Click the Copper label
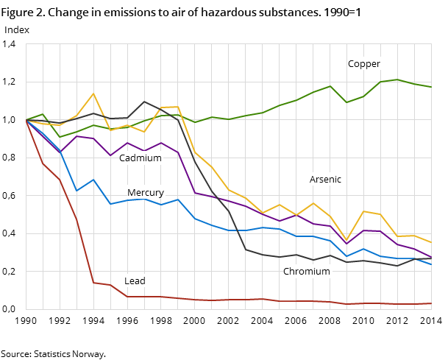click(364, 64)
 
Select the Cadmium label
click(140, 158)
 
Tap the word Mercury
click(146, 193)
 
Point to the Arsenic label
click(325, 180)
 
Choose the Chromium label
click(307, 272)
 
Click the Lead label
click(135, 281)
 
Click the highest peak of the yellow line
click(93, 93)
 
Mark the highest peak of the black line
click(144, 102)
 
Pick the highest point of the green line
click(398, 80)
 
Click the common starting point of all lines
click(26, 120)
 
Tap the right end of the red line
click(432, 303)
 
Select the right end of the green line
click(432, 88)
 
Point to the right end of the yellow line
click(432, 243)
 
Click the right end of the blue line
click(432, 265)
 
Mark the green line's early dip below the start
click(60, 137)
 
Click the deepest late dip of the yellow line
click(346, 240)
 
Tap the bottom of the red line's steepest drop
click(93, 283)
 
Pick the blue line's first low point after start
click(77, 191)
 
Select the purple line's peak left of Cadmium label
click(77, 136)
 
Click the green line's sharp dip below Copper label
click(346, 102)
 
